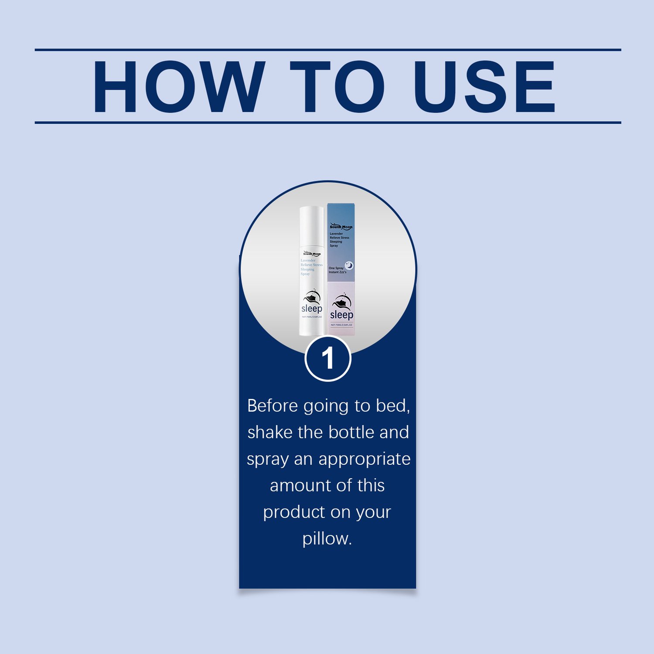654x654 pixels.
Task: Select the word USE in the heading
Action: pyautogui.click(x=484, y=87)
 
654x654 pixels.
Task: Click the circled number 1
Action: pyautogui.click(x=328, y=358)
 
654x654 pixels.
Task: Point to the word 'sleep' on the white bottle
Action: pyautogui.click(x=312, y=309)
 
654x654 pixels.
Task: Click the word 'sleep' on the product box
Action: pyautogui.click(x=341, y=315)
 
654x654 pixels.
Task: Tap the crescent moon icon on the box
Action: pyautogui.click(x=349, y=265)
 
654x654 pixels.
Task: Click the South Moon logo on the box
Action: pyautogui.click(x=341, y=227)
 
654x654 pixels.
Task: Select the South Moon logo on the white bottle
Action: pyautogui.click(x=312, y=254)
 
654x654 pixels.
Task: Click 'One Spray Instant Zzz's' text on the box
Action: pyautogui.click(x=337, y=270)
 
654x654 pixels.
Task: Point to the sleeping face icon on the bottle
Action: pyautogui.click(x=311, y=297)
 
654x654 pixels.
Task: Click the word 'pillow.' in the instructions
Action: pyautogui.click(x=327, y=539)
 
